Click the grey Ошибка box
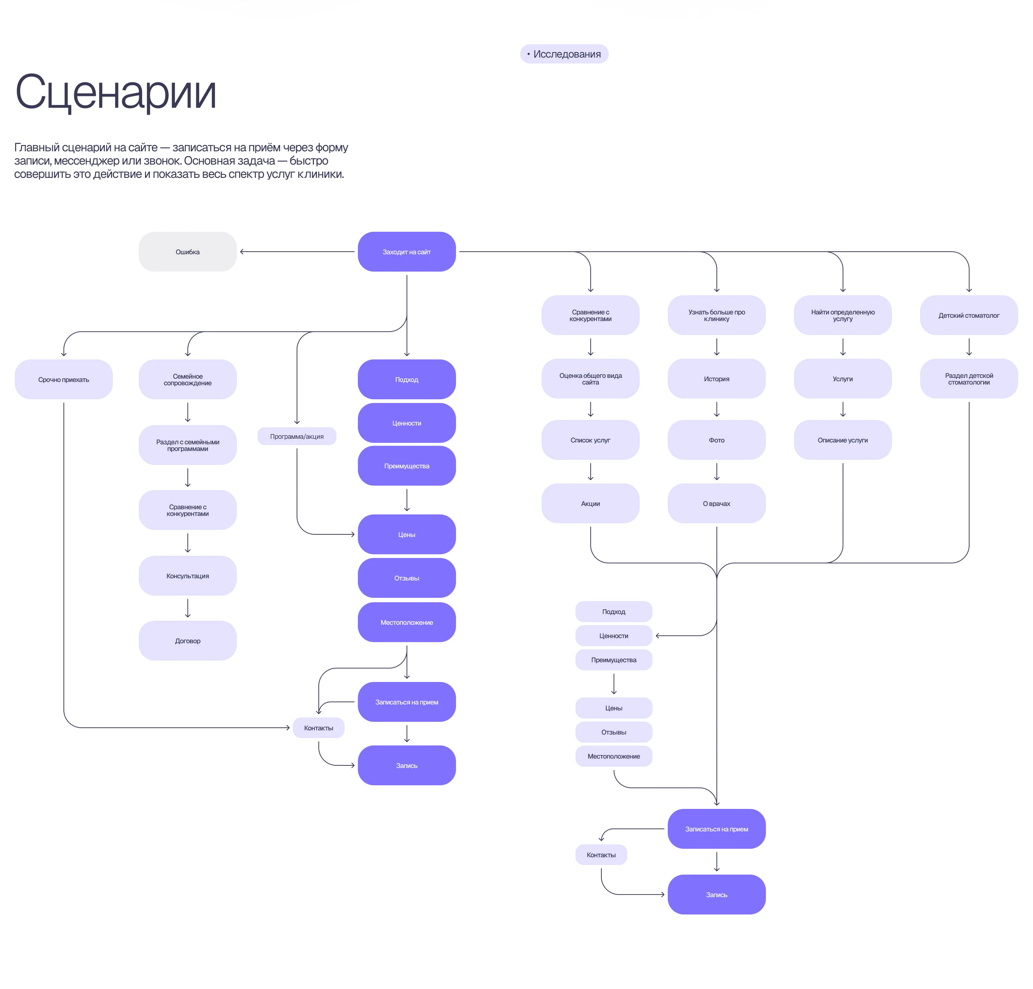point(188,252)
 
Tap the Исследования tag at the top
point(564,54)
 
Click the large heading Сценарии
point(116,92)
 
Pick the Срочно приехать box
point(64,380)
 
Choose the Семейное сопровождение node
point(188,380)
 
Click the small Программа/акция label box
point(297,437)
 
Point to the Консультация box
point(188,576)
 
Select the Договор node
point(188,641)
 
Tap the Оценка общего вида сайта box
point(590,379)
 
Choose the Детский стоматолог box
point(969,315)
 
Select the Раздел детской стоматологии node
point(969,379)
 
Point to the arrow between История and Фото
point(717,409)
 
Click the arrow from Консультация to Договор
point(188,608)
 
